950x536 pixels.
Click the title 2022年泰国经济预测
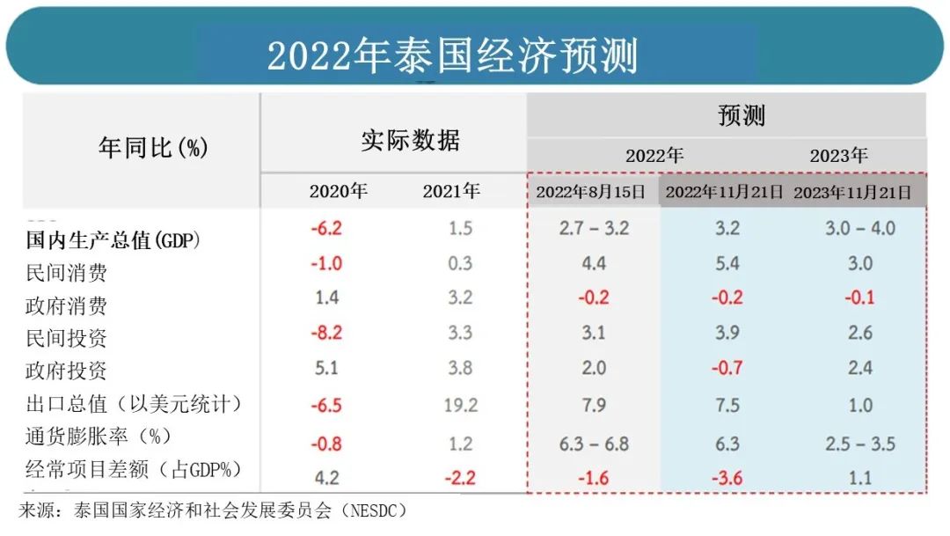452,55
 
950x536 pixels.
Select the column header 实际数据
410,141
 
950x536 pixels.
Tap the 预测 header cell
741,115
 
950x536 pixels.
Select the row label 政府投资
66,371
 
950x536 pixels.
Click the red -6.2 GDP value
325,228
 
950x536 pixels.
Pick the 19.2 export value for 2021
460,406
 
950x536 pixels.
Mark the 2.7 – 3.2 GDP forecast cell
594,228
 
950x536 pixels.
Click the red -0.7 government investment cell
727,367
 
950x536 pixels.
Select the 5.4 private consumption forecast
727,263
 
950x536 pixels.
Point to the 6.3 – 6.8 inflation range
594,444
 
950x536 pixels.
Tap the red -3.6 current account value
727,478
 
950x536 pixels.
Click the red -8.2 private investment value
325,333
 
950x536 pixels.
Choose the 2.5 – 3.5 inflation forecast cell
859,444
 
